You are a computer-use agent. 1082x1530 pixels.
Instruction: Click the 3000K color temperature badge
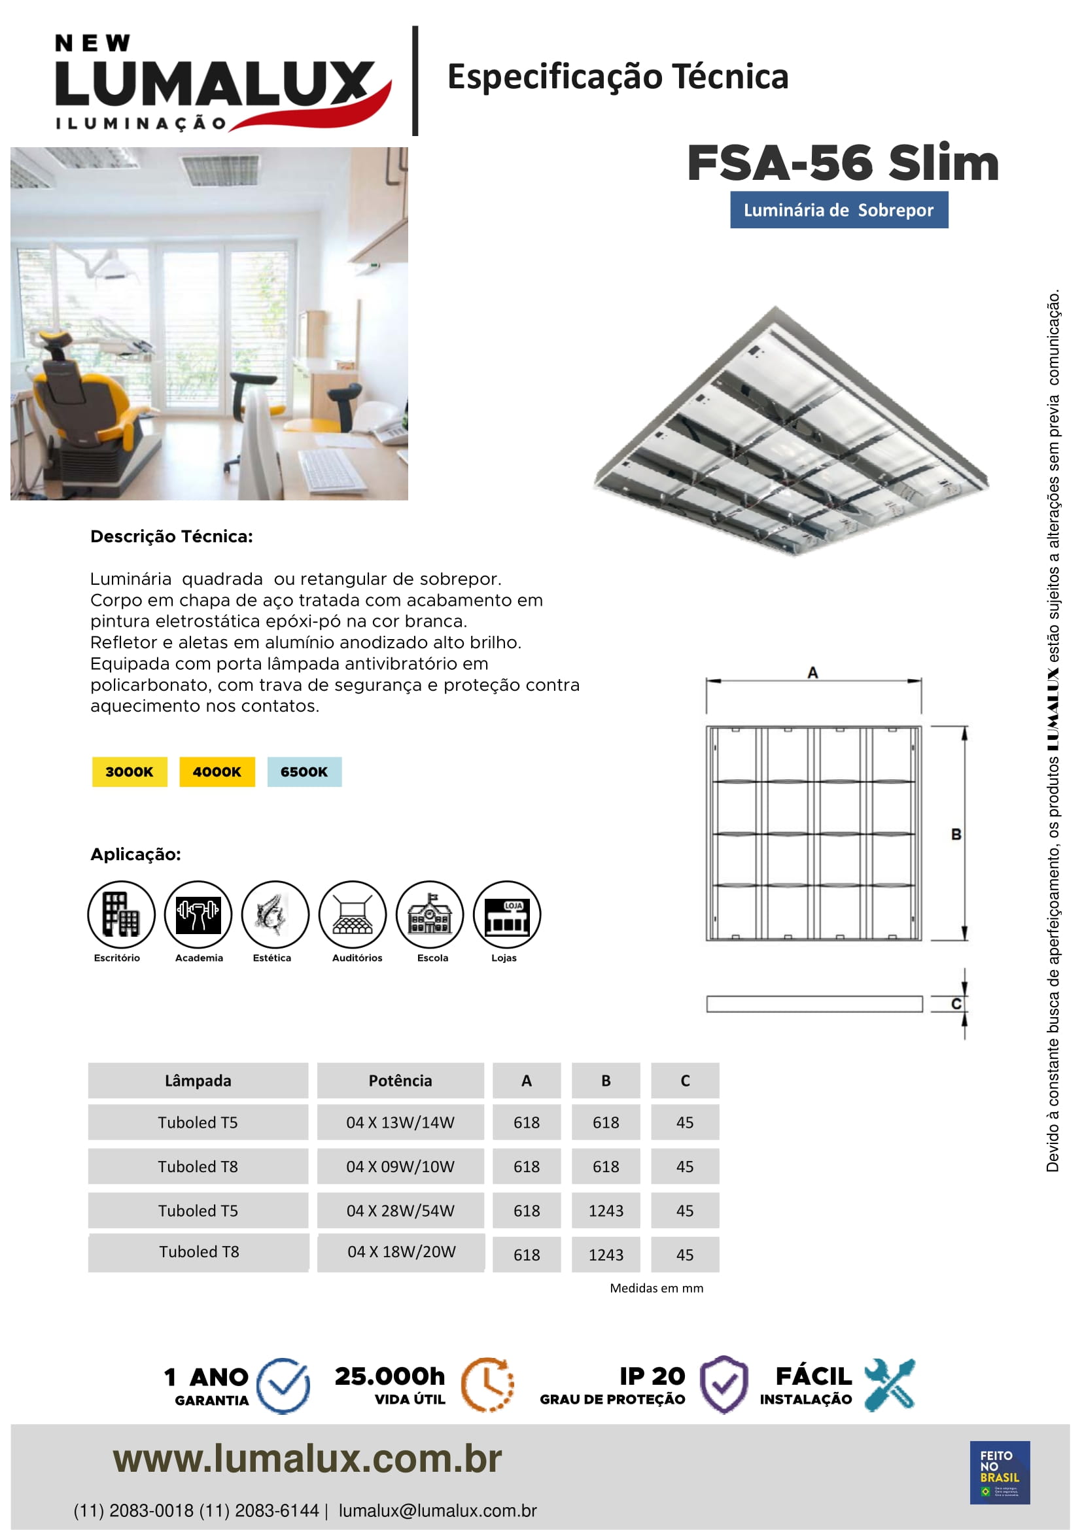130,772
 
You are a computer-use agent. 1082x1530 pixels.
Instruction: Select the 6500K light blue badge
304,772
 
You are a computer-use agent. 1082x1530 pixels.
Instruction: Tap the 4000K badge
217,772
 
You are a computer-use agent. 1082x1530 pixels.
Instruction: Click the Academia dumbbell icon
198,914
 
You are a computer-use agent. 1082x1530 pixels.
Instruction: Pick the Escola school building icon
430,914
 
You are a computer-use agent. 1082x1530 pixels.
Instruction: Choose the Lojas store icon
506,914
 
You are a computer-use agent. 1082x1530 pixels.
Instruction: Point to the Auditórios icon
353,914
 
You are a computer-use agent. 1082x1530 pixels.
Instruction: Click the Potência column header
400,1080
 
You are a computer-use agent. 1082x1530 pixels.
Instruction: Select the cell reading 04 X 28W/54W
400,1210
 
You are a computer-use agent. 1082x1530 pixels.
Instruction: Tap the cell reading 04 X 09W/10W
400,1166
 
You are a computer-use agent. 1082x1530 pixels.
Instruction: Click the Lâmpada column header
198,1080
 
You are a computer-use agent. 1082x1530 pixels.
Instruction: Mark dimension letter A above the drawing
813,672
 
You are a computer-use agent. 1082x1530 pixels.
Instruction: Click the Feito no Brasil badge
1000,1472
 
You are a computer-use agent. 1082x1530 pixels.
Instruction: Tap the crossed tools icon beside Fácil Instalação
890,1384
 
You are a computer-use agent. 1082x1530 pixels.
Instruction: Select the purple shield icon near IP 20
724,1384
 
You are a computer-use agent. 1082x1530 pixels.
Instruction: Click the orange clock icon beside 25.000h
488,1384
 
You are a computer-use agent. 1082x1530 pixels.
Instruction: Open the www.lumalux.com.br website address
307,1459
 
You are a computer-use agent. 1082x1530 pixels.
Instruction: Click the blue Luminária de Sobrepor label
838,210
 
